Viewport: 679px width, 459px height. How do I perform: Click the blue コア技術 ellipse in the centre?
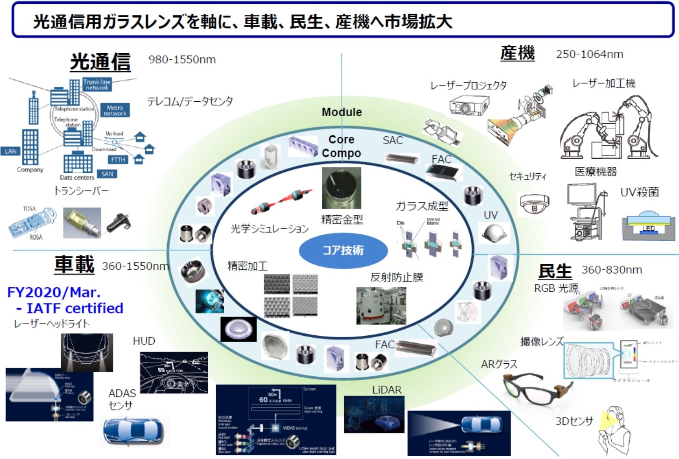coord(343,250)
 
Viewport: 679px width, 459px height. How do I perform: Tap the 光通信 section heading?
coord(100,62)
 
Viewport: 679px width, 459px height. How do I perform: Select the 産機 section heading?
coord(517,53)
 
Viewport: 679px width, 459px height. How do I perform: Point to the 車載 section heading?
coord(74,265)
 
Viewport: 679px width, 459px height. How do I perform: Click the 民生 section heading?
coord(555,271)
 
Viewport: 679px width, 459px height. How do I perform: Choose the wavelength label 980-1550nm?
coord(182,60)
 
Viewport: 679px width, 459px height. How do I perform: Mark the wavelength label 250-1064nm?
coord(589,54)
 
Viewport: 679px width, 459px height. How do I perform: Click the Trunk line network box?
coord(97,85)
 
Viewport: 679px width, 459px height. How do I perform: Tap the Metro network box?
coord(115,110)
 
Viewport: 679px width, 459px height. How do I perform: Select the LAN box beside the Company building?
coord(10,151)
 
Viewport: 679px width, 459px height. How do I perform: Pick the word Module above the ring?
coord(342,112)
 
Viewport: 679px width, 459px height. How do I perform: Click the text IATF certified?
coord(75,308)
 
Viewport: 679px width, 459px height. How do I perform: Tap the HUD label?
coord(144,341)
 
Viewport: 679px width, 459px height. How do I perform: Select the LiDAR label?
coord(387,389)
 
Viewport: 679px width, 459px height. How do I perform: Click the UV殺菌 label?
coord(639,192)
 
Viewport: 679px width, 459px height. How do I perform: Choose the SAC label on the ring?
coord(392,140)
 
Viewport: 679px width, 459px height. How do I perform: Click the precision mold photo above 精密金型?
coord(341,188)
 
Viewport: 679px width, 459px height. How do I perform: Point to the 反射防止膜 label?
coord(396,277)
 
